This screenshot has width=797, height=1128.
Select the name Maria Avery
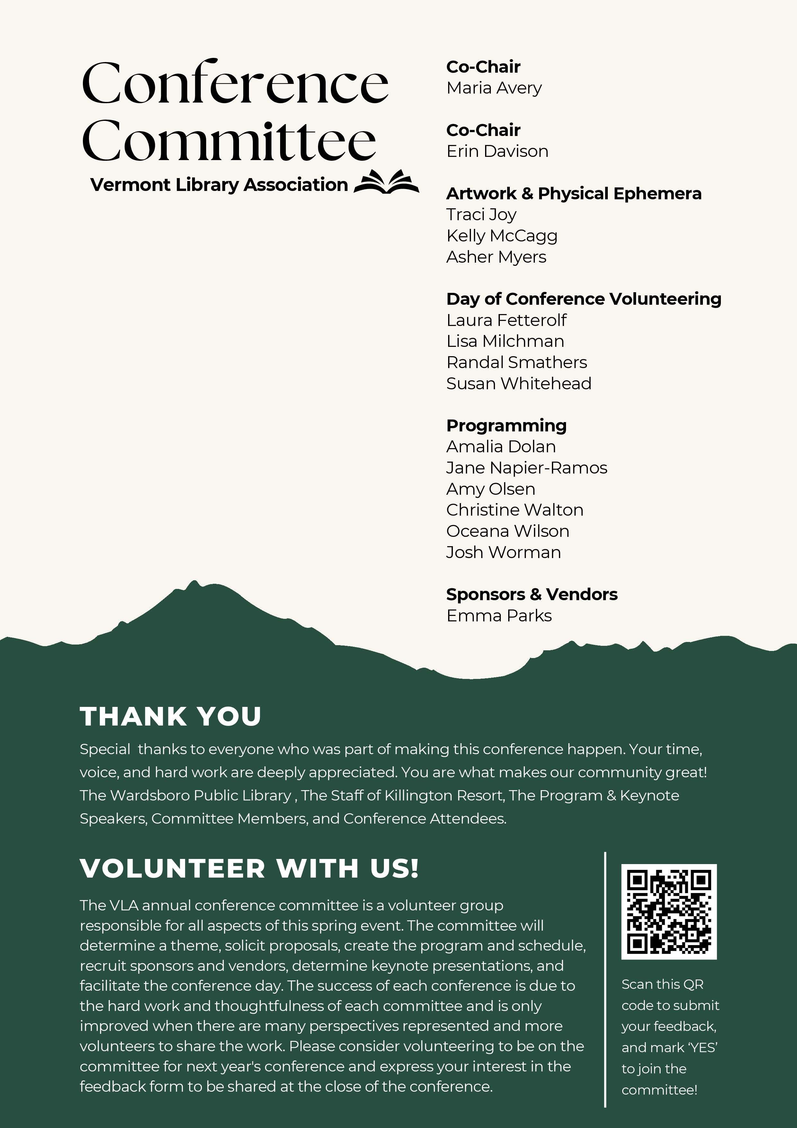[494, 88]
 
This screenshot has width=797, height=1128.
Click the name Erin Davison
[497, 151]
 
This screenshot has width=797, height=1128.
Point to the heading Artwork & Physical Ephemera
[573, 194]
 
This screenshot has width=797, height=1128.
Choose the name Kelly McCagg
[501, 236]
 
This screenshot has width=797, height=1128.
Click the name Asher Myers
[496, 257]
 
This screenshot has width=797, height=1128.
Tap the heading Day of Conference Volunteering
[583, 299]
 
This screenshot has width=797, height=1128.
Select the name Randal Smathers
[516, 363]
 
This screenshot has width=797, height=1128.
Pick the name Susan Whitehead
[518, 384]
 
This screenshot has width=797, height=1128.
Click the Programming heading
[506, 426]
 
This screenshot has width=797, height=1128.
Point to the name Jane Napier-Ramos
[527, 468]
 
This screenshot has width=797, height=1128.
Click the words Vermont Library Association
[219, 185]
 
